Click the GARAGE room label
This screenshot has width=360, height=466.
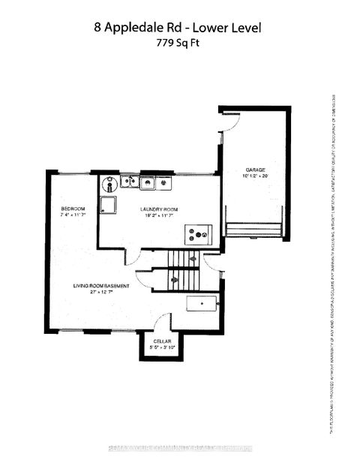pyautogui.click(x=250, y=170)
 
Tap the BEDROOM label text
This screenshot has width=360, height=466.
pyautogui.click(x=73, y=208)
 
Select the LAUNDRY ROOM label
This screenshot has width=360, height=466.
pyautogui.click(x=158, y=209)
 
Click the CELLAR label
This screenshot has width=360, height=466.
pyautogui.click(x=158, y=341)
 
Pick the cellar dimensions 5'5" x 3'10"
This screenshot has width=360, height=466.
pyautogui.click(x=158, y=348)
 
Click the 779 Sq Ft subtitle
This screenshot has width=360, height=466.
pyautogui.click(x=179, y=44)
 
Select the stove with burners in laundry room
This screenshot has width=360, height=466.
pyautogui.click(x=199, y=235)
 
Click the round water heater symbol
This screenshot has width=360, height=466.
pyautogui.click(x=110, y=182)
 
